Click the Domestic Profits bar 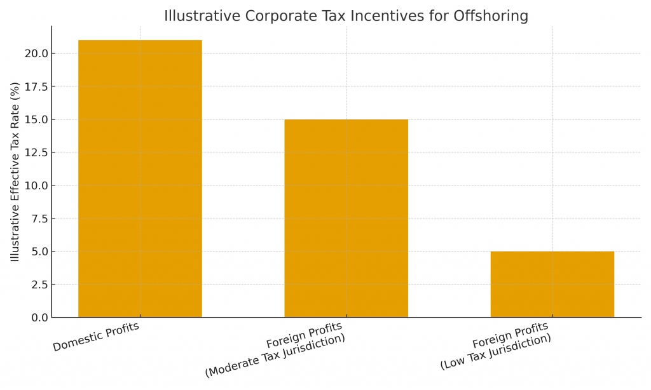(x=140, y=178)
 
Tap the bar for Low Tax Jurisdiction (x=552, y=284)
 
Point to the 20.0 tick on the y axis (x=36, y=53)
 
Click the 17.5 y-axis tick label (x=36, y=86)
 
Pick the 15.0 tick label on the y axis (x=36, y=119)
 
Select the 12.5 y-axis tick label (x=36, y=152)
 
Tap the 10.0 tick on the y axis (x=36, y=185)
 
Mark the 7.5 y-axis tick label (x=39, y=219)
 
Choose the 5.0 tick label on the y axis (x=39, y=252)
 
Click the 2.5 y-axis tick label (x=39, y=285)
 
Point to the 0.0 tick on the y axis (x=39, y=318)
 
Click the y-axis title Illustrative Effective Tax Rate (x=15, y=171)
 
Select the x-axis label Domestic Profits (x=96, y=337)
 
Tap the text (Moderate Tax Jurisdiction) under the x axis (x=275, y=355)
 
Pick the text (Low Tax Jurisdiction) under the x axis (x=495, y=351)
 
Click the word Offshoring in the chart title (x=490, y=16)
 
